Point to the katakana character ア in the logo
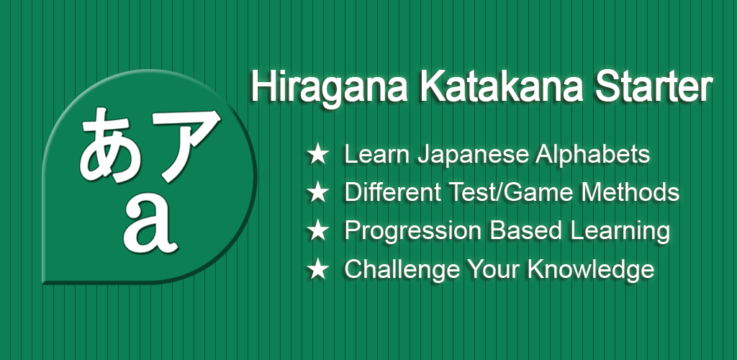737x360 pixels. point(186,144)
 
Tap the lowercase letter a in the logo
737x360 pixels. point(151,225)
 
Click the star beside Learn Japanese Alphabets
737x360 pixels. point(317,155)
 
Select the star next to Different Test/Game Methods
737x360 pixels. point(317,193)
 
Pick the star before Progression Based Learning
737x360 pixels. point(317,230)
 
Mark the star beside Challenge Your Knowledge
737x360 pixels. point(317,269)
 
